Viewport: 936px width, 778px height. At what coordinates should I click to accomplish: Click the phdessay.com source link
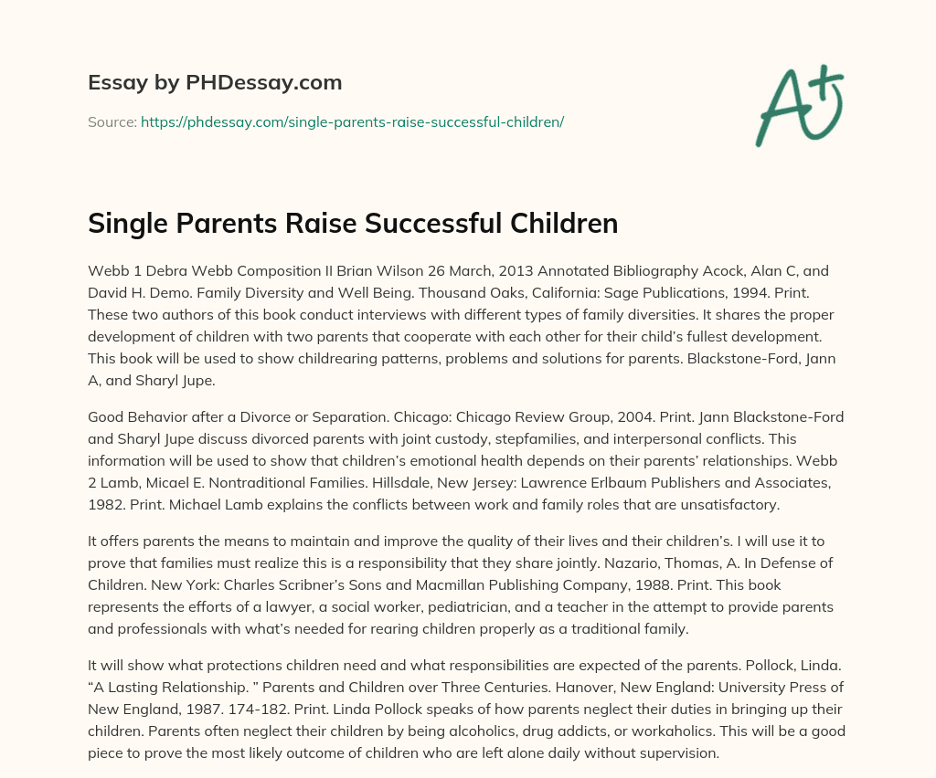click(x=352, y=121)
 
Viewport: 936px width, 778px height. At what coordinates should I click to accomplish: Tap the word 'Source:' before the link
click(x=112, y=121)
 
